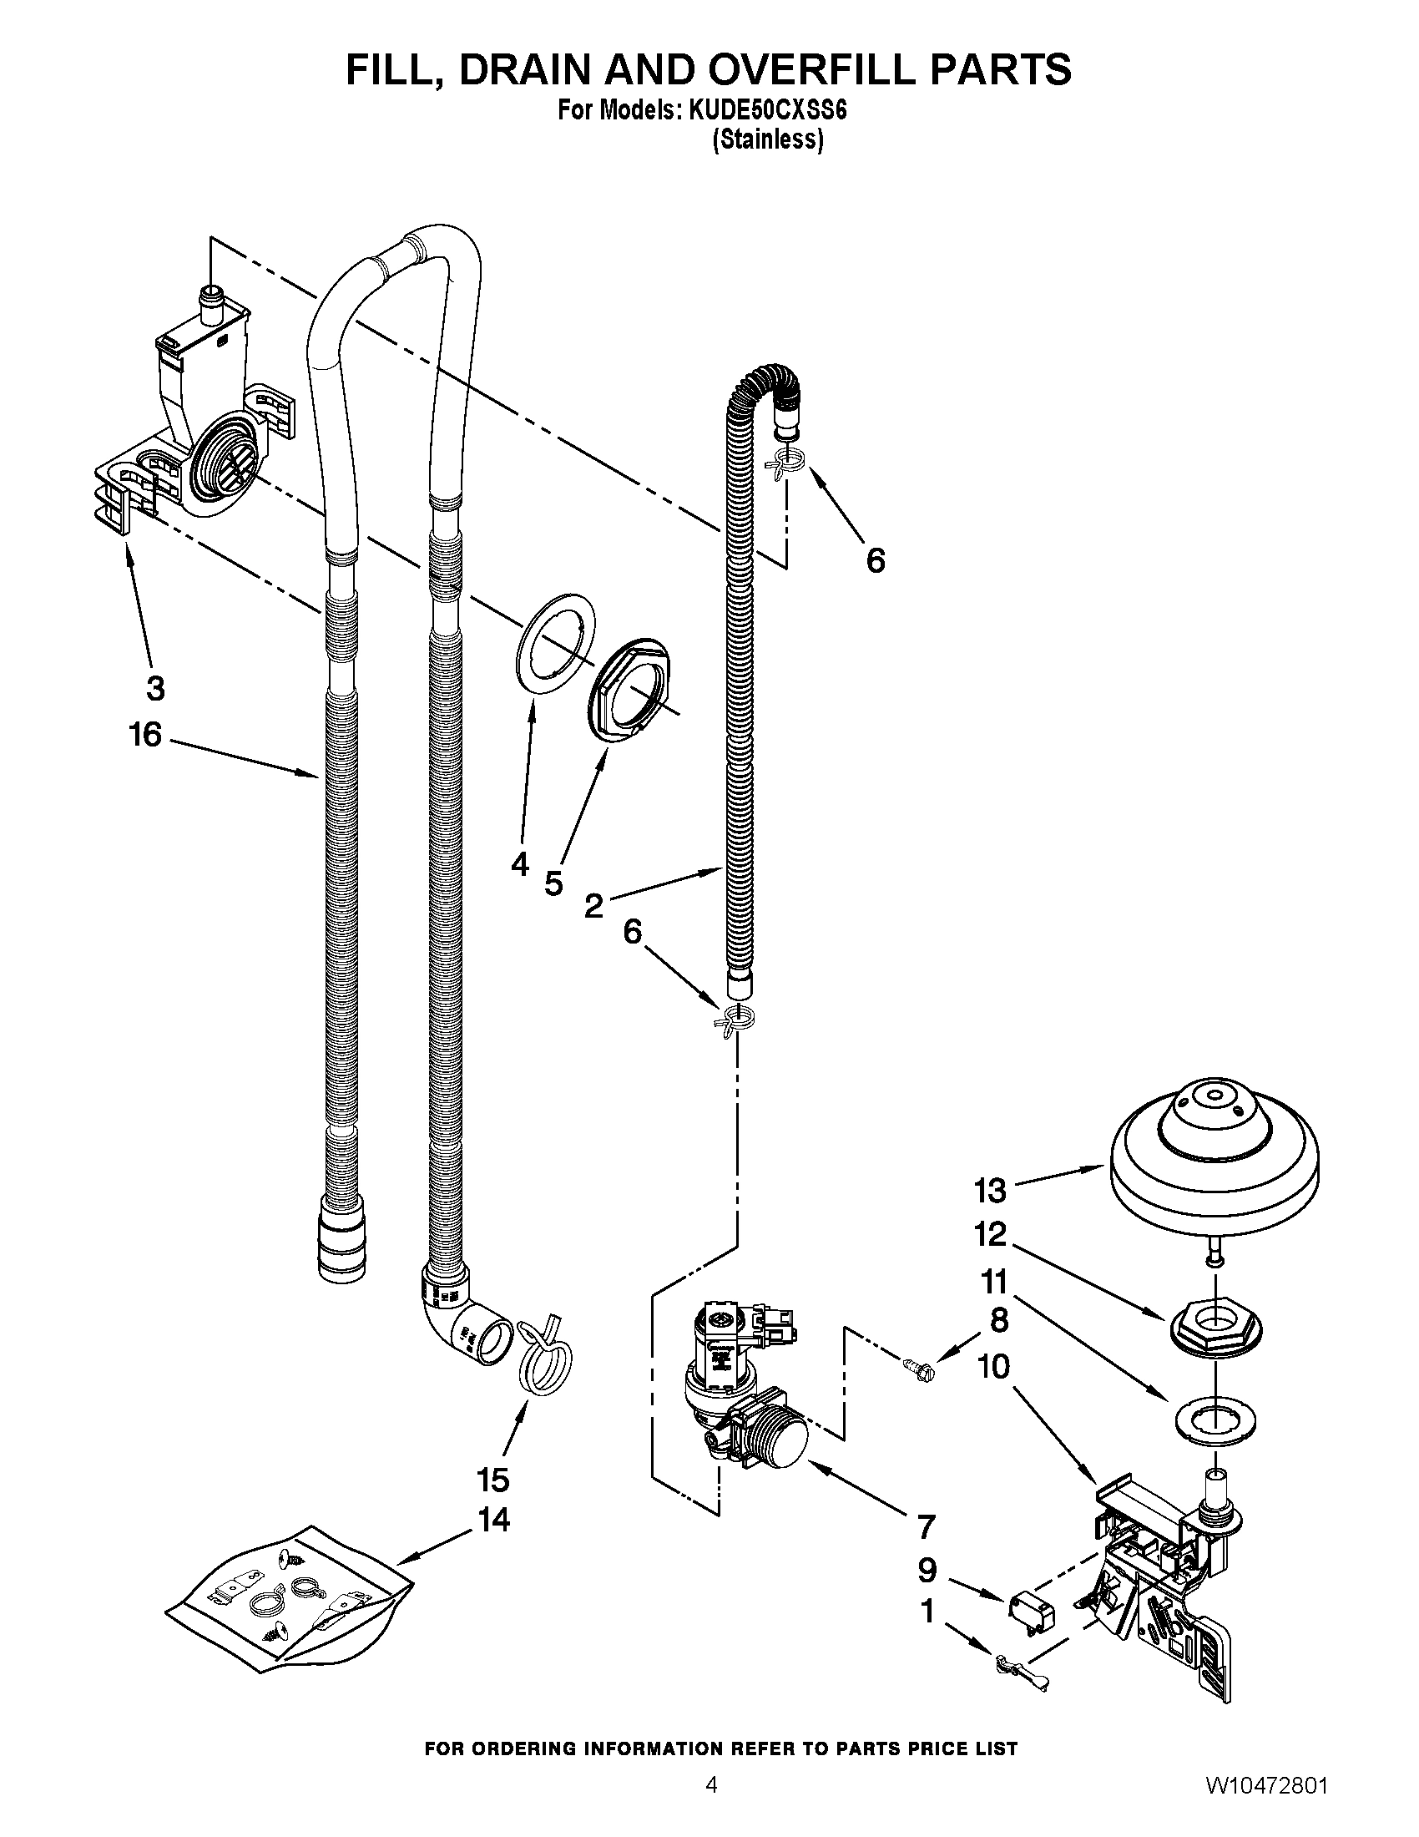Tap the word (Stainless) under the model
767,139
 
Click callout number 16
144,734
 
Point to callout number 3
155,688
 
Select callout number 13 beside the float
989,1190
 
